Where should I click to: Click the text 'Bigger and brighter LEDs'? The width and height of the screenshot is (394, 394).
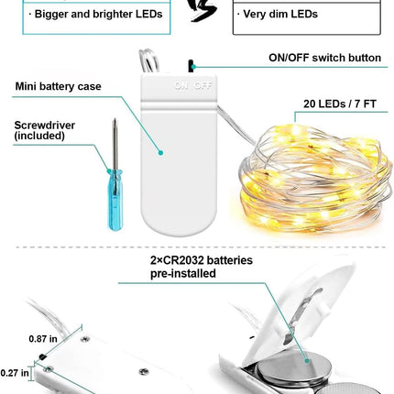point(98,14)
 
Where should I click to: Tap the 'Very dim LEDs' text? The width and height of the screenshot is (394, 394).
point(280,14)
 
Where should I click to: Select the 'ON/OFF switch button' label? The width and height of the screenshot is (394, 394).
point(324,58)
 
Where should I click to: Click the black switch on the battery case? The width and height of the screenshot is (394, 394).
point(191,66)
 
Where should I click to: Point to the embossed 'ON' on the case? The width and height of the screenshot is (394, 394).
point(181,85)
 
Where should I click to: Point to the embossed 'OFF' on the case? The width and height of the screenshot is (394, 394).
point(202,85)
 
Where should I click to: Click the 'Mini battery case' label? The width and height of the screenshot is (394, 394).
point(58,86)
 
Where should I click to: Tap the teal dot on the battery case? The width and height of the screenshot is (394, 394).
point(160,152)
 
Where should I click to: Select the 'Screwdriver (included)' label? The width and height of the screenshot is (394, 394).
point(45,130)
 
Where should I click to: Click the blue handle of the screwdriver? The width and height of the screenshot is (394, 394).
point(115,200)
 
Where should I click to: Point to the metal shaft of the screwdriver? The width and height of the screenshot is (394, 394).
point(115,145)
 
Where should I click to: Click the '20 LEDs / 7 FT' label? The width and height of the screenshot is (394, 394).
point(340,104)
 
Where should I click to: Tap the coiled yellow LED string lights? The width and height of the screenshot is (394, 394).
point(315,179)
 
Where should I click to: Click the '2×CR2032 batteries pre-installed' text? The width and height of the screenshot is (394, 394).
point(202,267)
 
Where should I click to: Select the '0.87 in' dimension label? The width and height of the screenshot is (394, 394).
point(43,339)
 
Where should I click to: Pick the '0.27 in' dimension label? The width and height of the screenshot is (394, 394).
point(15,373)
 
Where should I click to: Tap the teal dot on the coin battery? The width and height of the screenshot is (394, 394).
point(307,361)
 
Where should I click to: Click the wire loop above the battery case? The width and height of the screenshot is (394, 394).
point(149,60)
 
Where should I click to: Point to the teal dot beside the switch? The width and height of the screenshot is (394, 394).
point(193,67)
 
